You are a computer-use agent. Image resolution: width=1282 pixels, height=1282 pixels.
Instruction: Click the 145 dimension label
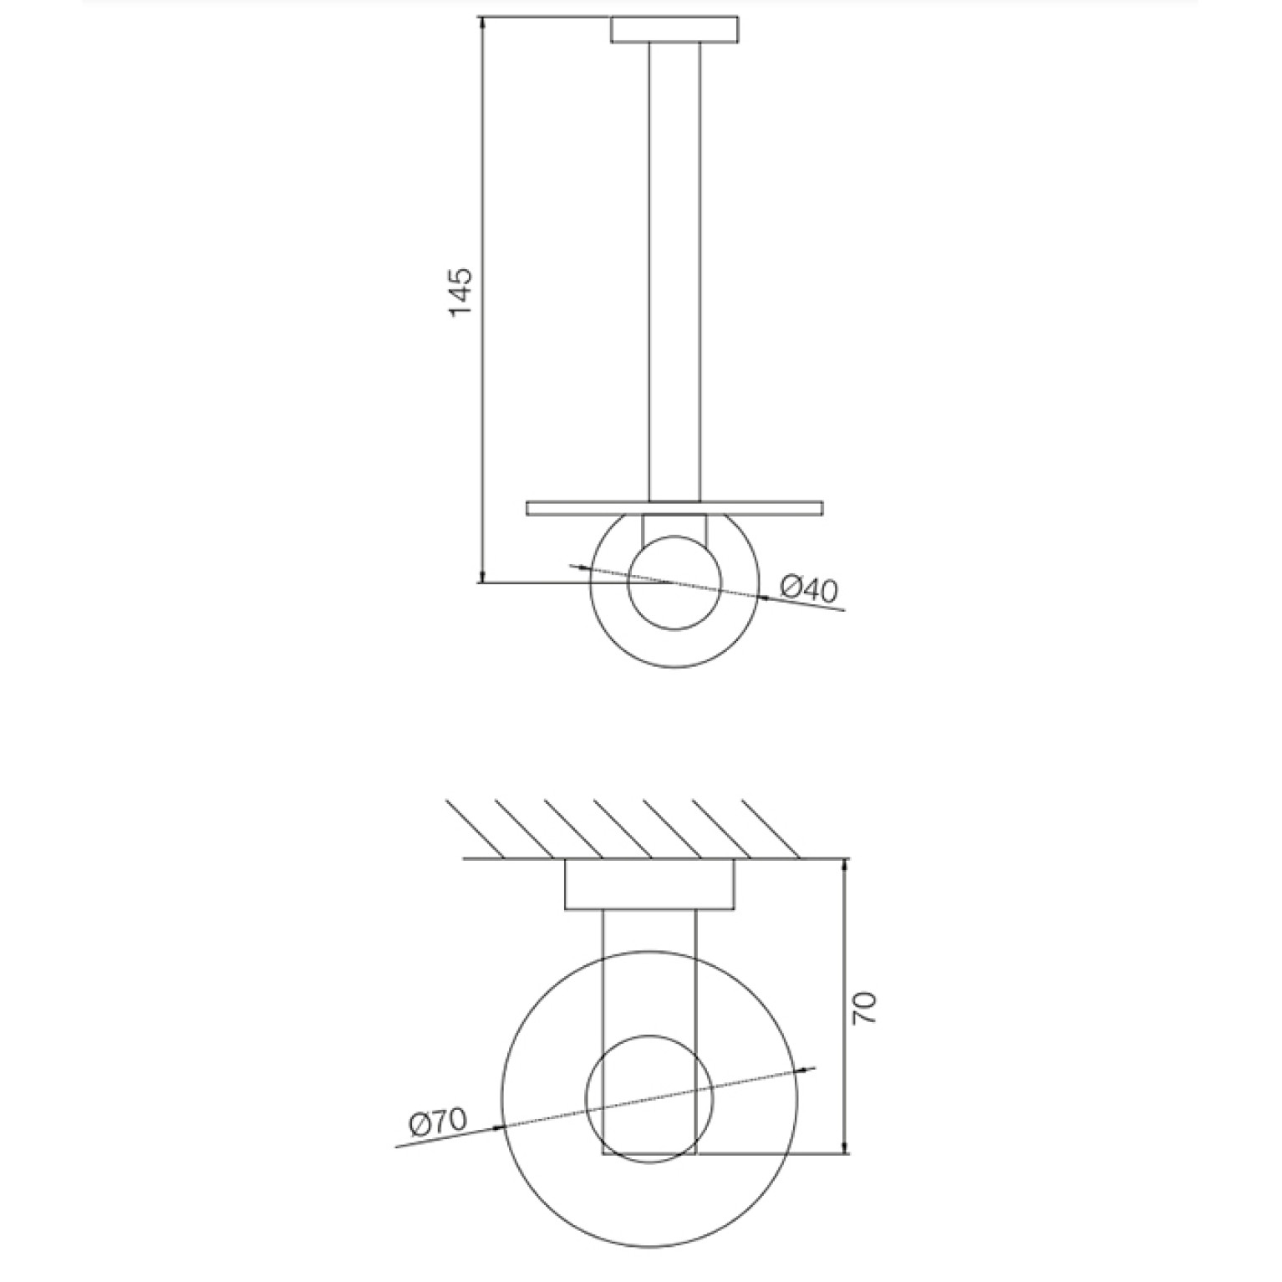462,292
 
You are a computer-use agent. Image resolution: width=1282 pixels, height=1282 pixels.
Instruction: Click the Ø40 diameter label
808,590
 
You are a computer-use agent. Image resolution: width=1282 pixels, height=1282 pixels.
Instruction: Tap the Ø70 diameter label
438,1122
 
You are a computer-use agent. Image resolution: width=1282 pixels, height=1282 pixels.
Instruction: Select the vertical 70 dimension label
864,1008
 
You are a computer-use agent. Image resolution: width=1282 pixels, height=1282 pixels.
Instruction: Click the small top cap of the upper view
674,29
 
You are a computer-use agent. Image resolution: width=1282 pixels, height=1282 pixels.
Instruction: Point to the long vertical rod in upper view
674,272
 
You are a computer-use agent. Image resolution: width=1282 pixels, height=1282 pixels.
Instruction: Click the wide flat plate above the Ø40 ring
674,508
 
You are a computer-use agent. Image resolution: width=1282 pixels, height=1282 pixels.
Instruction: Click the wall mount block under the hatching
649,884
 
